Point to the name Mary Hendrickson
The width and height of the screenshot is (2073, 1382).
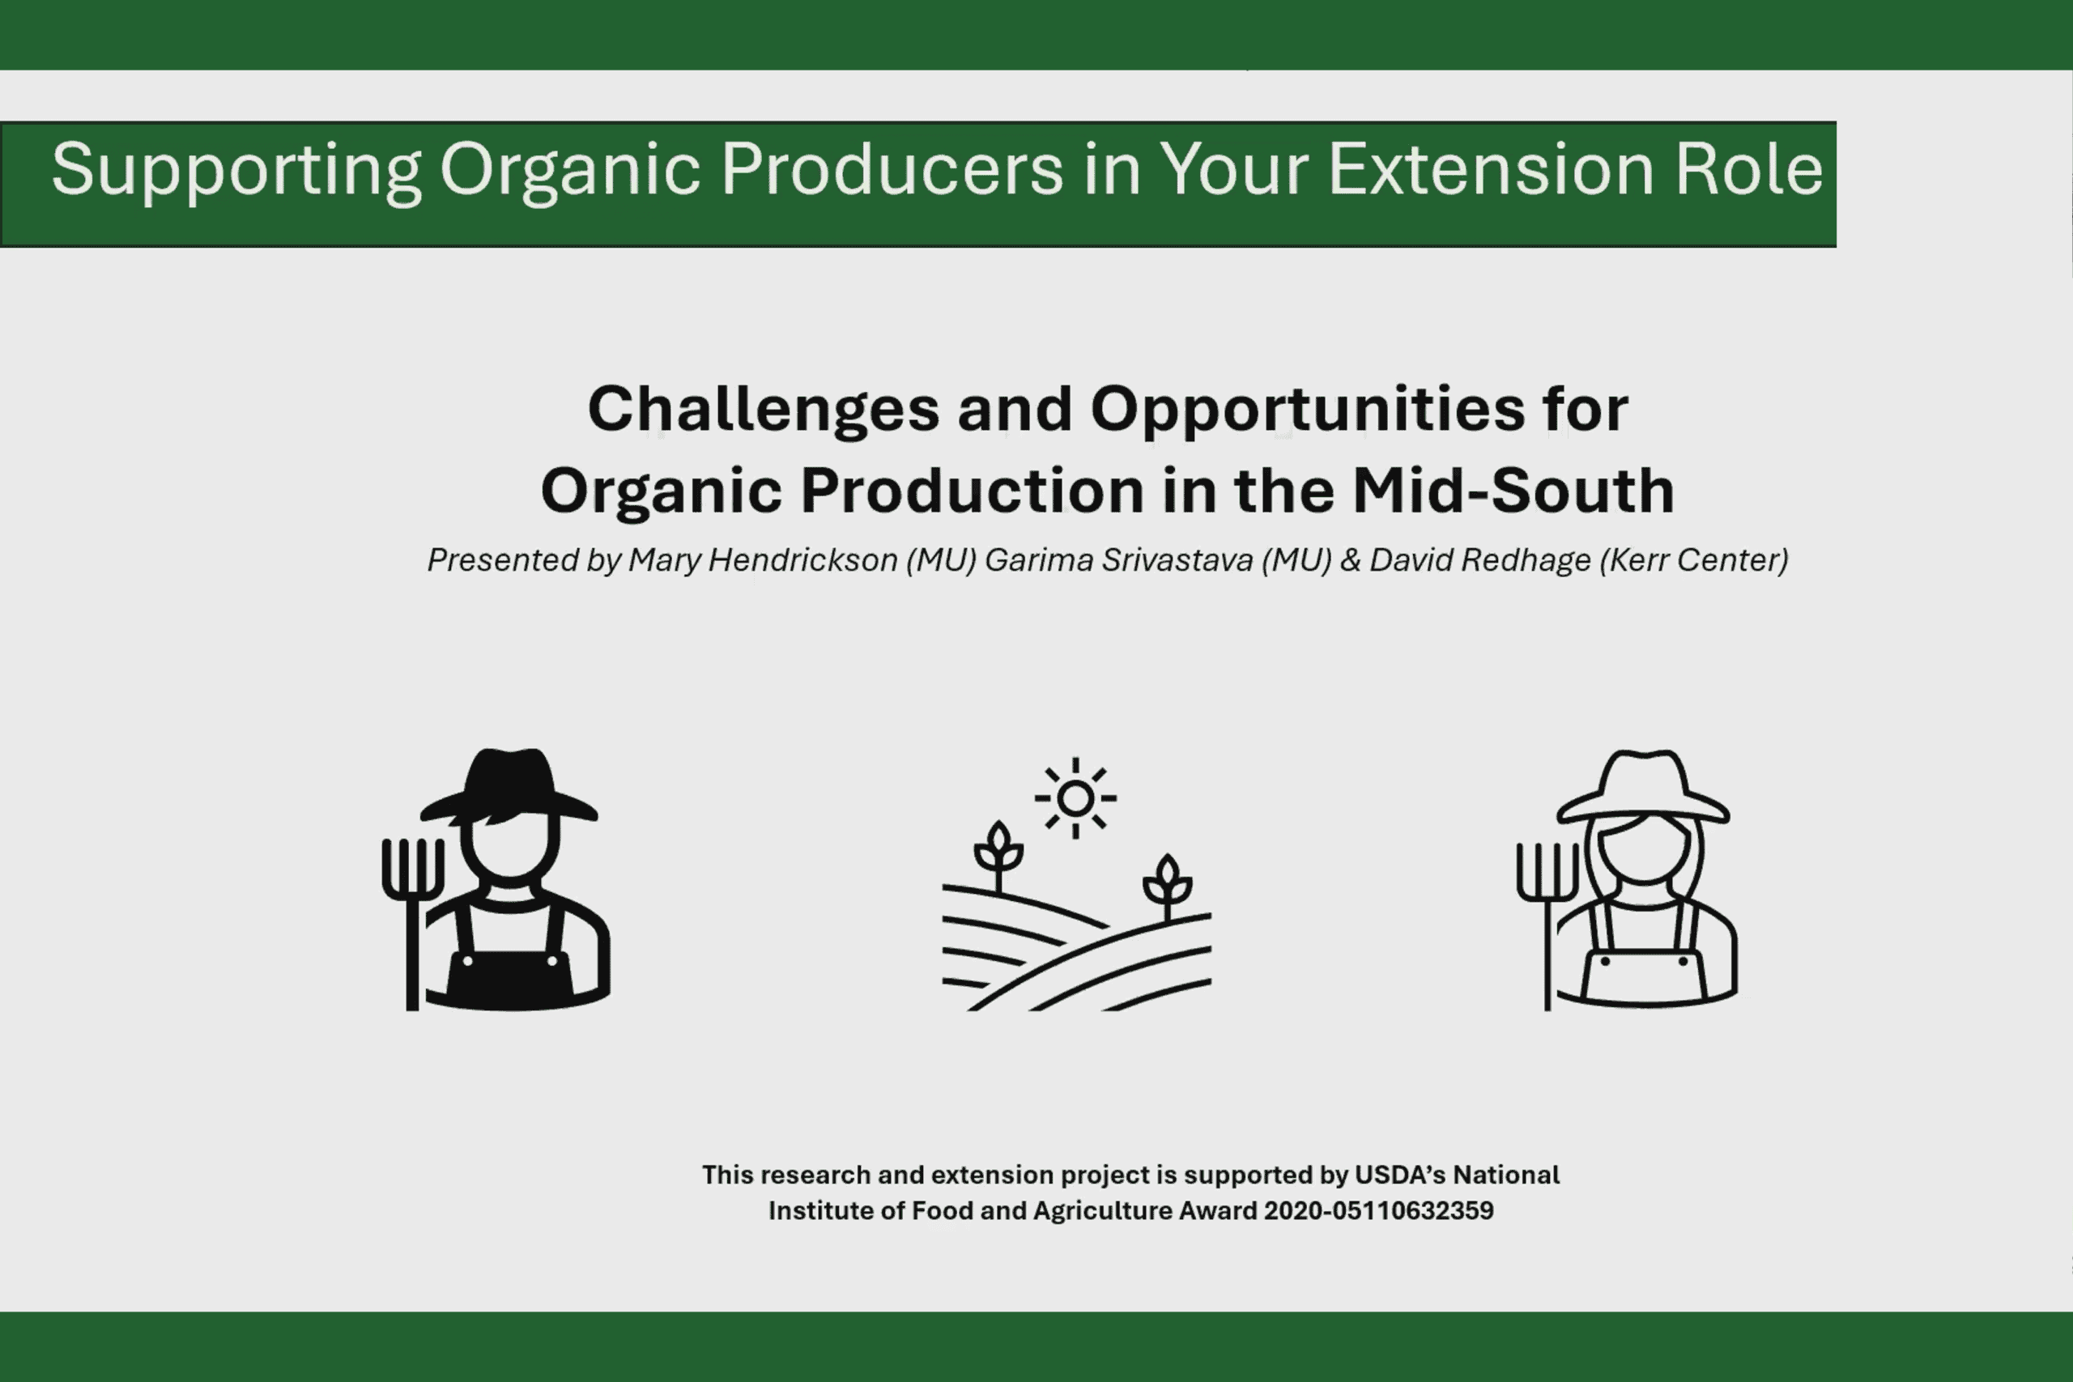[762, 559]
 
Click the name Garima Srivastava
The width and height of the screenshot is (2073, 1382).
[1118, 559]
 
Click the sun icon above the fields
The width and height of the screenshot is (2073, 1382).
[1075, 798]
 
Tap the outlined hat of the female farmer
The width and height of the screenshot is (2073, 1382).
[1644, 787]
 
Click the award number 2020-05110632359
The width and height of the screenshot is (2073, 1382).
[1378, 1210]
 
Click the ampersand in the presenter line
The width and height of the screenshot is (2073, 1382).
[1350, 559]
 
